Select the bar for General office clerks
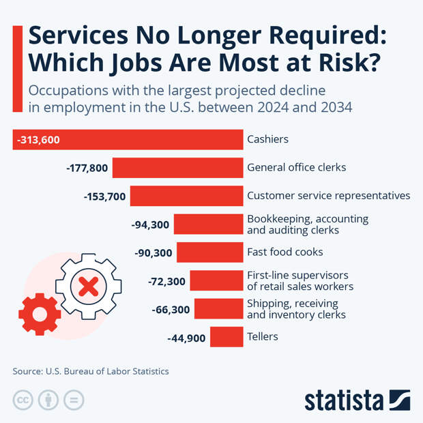(x=178, y=168)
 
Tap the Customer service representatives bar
(x=187, y=196)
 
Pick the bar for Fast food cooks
(x=210, y=252)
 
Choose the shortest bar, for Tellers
(x=227, y=337)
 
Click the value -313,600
(x=39, y=140)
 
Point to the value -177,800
(x=87, y=168)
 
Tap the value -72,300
(x=166, y=281)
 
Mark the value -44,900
(x=186, y=337)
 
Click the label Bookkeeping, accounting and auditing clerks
(x=308, y=224)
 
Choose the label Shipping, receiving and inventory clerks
(x=296, y=309)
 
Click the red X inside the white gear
(x=88, y=285)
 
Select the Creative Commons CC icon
(x=23, y=400)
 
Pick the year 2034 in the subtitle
(x=333, y=107)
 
